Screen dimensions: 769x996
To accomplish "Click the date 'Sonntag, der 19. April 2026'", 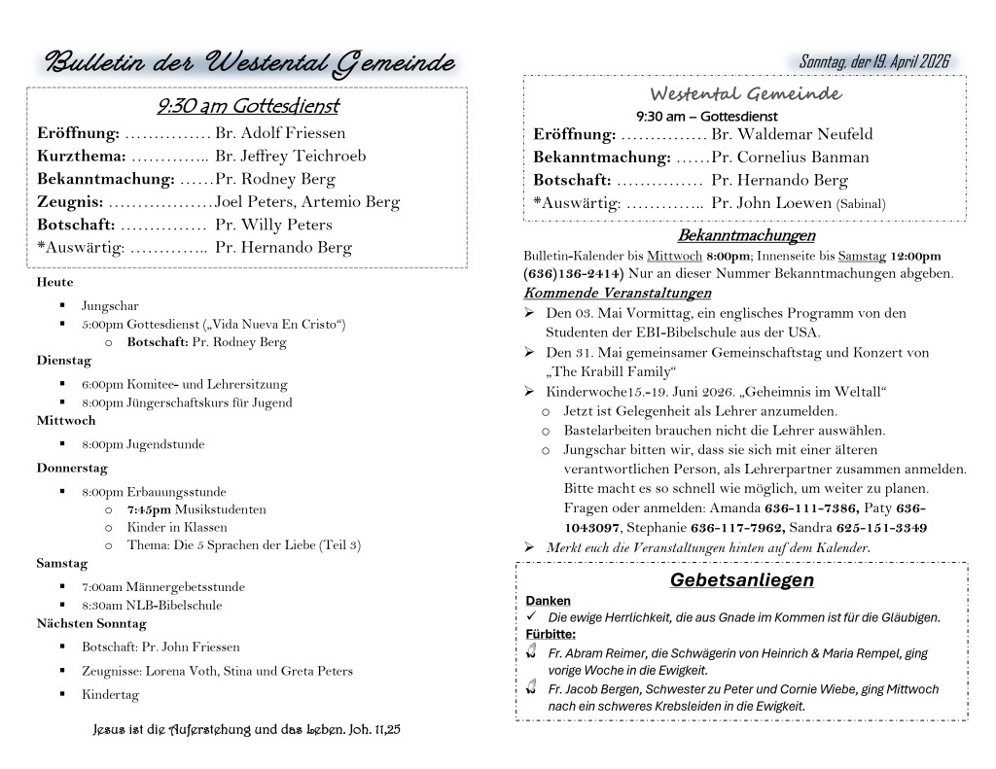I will click(873, 62).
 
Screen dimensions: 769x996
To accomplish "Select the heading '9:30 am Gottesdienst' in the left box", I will click(247, 106).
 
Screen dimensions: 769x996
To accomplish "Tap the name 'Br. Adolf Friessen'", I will click(280, 133).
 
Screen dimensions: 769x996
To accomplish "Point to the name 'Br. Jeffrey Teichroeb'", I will click(290, 156).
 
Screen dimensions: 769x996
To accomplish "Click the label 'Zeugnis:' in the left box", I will click(70, 202).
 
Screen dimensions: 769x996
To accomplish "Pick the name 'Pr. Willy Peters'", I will click(273, 225).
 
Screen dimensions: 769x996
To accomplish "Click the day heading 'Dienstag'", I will click(63, 361).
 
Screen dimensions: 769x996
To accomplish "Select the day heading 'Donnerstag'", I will click(72, 468).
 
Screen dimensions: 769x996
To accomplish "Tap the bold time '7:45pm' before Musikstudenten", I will click(149, 509).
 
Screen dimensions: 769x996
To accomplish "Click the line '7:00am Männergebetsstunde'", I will click(162, 587).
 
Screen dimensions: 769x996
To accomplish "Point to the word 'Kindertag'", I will click(110, 695).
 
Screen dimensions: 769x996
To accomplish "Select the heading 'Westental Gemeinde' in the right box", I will click(745, 94).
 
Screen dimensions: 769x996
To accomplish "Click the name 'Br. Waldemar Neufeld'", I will click(792, 134).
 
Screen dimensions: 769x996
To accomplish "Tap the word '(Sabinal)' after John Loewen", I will click(861, 204).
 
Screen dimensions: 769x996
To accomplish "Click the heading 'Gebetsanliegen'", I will click(741, 580).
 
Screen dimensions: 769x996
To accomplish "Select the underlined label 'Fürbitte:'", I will click(551, 635).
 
